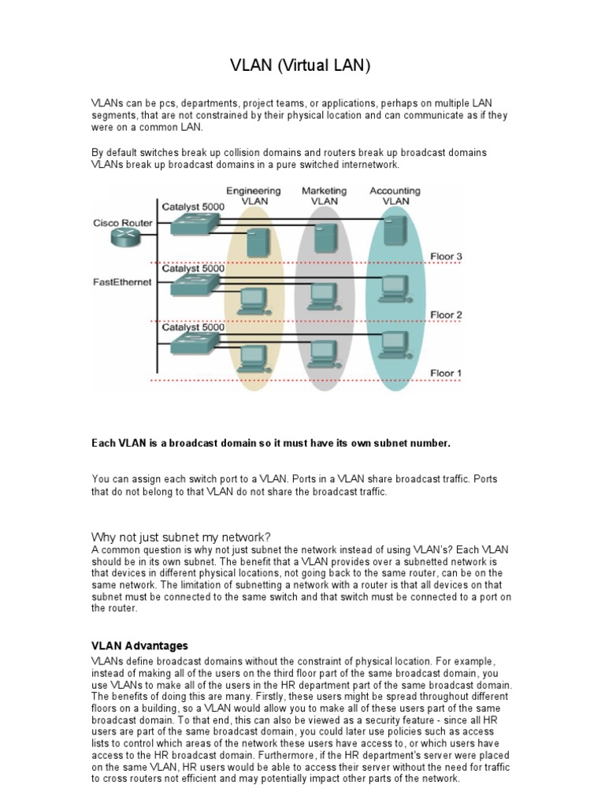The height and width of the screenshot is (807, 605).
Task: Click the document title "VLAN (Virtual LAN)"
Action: [299, 67]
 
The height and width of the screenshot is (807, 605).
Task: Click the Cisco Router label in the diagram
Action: [122, 223]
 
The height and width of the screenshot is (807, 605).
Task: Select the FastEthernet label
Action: [122, 282]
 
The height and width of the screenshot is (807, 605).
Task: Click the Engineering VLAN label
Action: [253, 196]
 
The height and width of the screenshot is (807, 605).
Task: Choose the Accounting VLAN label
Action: [395, 196]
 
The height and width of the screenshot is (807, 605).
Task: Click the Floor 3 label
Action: [445, 257]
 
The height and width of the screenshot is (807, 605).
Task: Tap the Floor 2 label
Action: [445, 315]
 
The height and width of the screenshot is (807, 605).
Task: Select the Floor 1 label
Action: [445, 373]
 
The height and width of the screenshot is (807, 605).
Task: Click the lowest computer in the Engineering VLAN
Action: [253, 359]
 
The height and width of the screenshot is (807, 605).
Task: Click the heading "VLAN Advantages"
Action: [140, 645]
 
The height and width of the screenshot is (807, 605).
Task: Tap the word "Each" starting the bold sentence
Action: [103, 444]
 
